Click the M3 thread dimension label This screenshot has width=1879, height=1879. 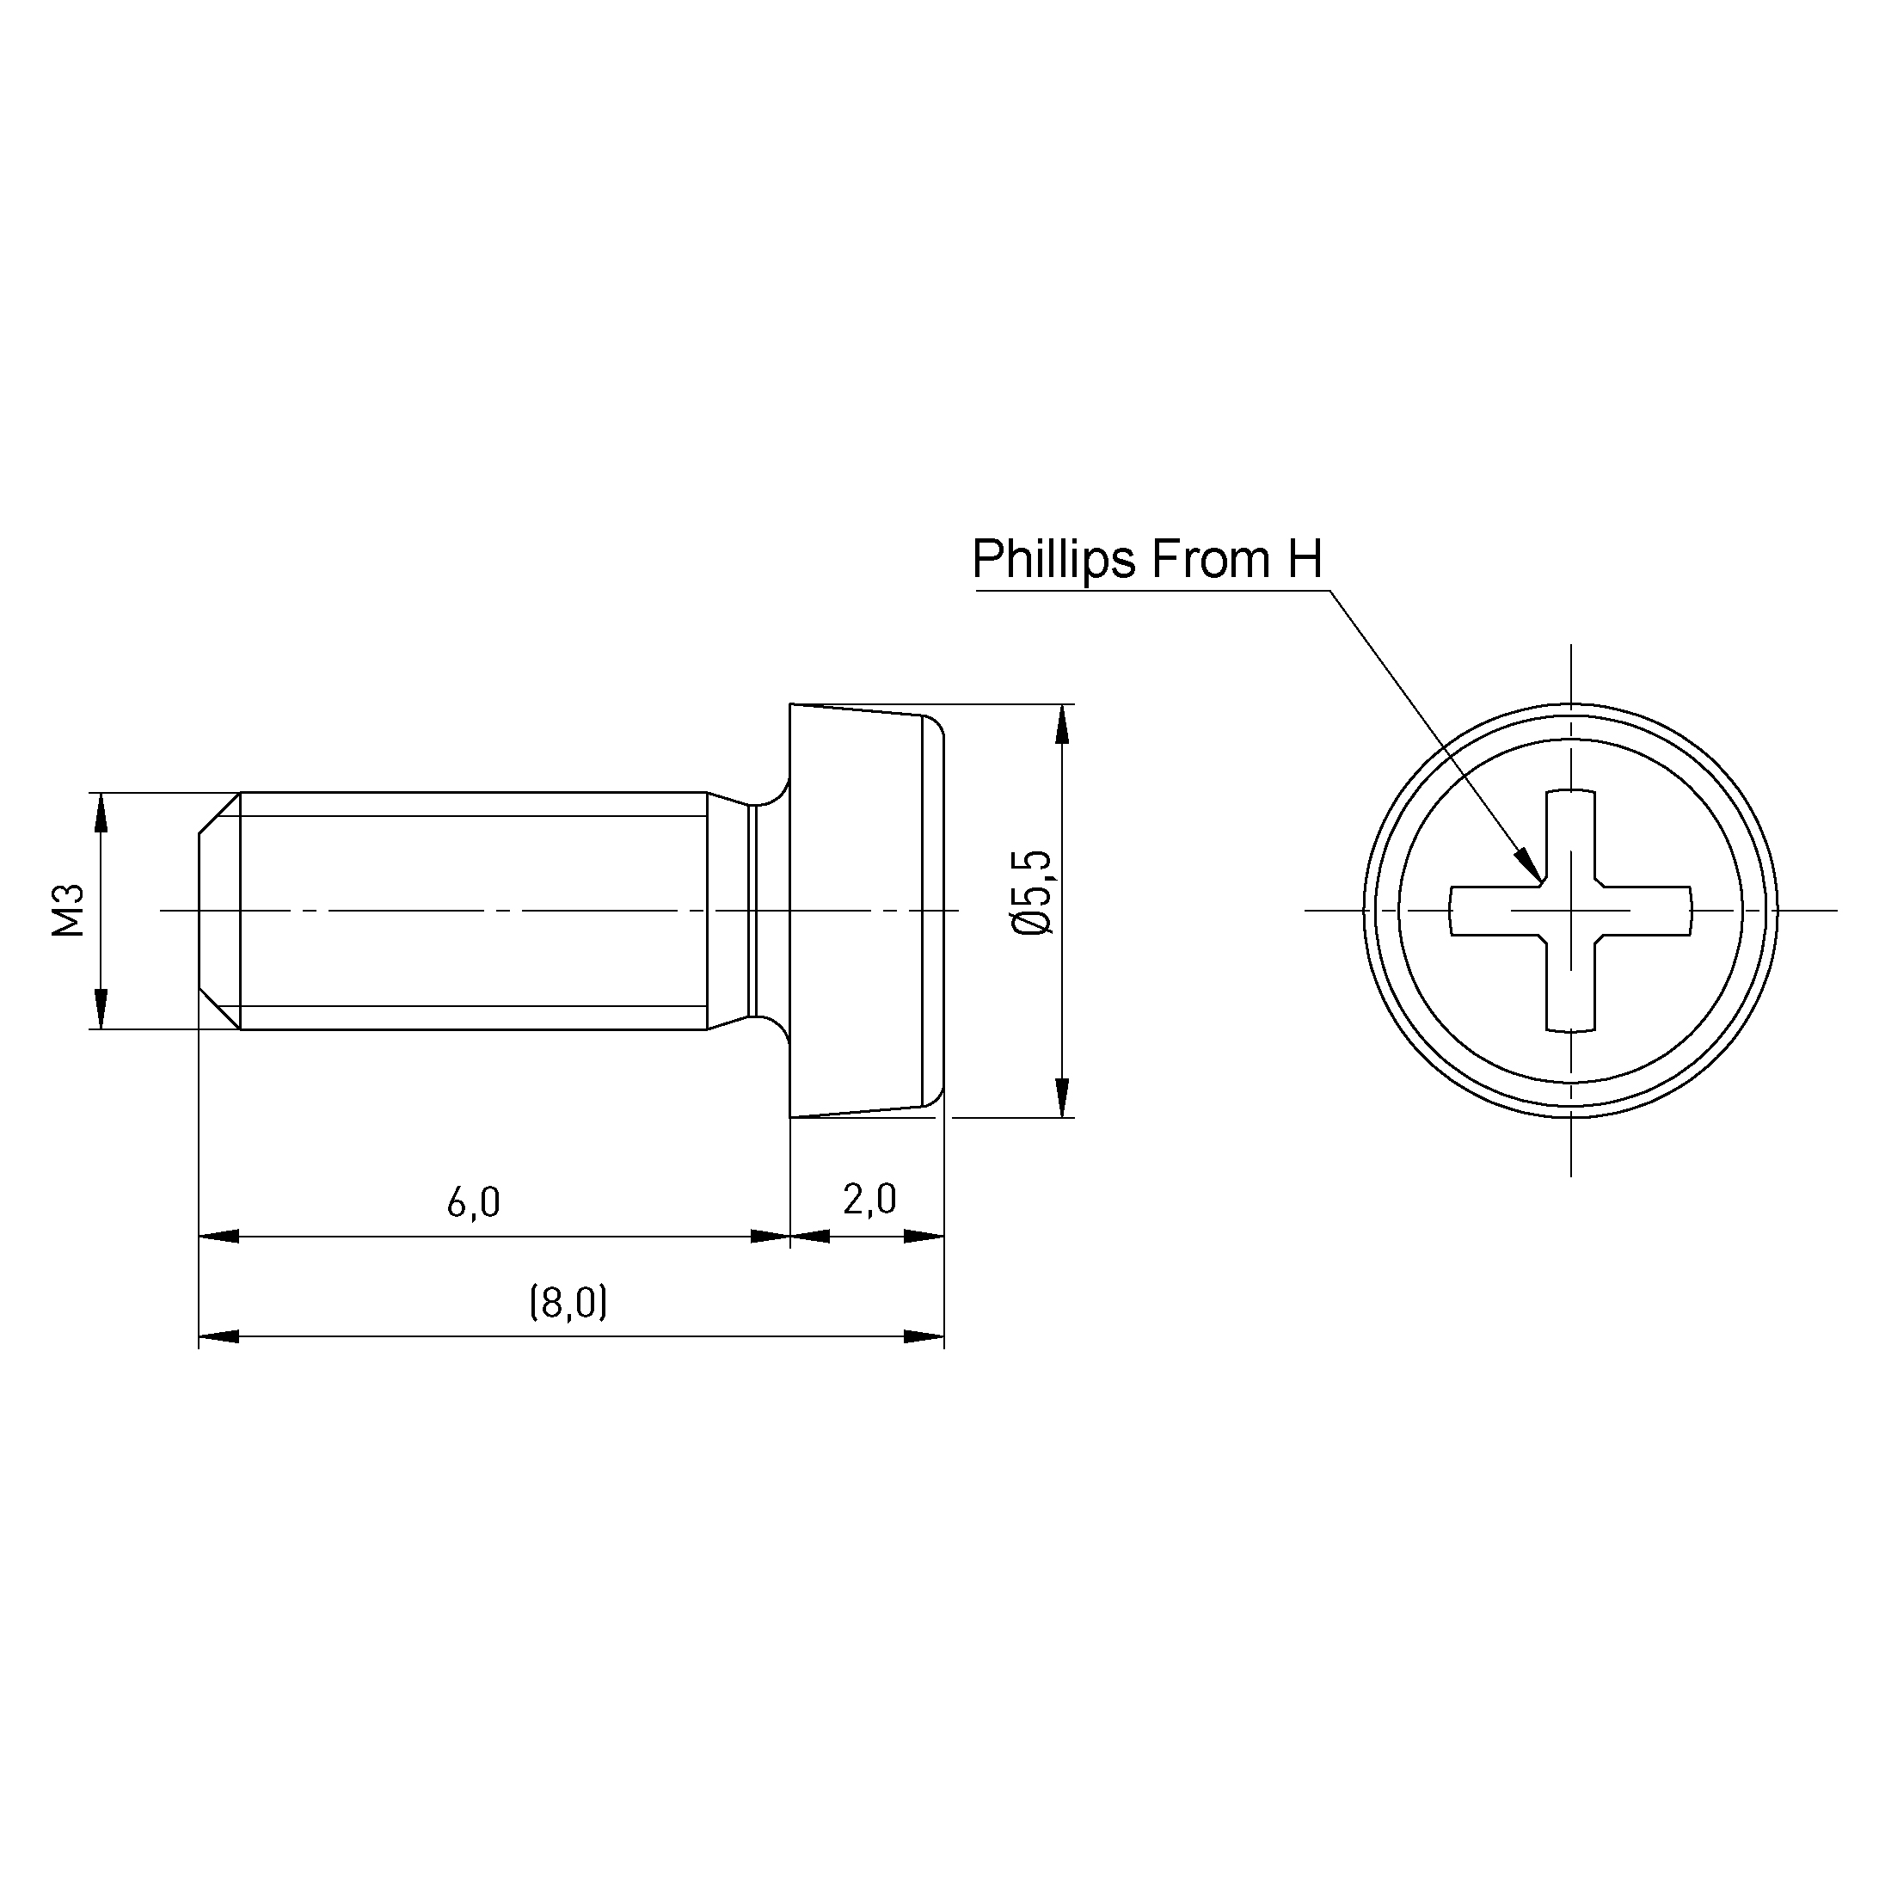click(x=69, y=912)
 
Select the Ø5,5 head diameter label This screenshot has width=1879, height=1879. click(x=1032, y=893)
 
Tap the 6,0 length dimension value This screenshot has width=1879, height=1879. click(x=474, y=1203)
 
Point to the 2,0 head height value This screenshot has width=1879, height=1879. click(x=869, y=1200)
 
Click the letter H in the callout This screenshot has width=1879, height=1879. click(x=1305, y=559)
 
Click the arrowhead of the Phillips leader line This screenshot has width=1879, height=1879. click(x=1528, y=863)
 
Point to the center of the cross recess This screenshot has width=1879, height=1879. click(x=1570, y=911)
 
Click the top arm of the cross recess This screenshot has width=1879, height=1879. click(x=1570, y=838)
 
